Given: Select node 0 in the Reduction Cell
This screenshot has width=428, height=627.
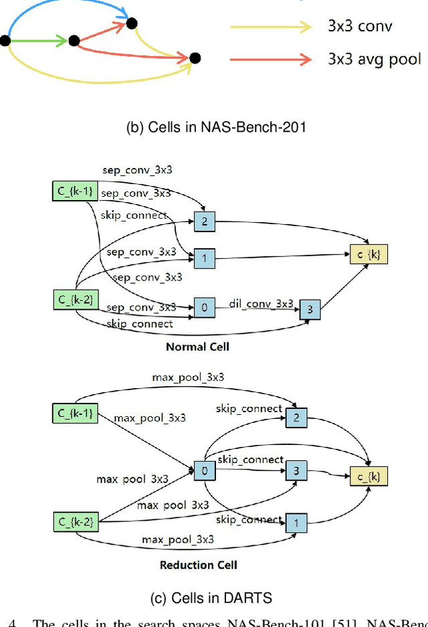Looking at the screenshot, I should tap(205, 471).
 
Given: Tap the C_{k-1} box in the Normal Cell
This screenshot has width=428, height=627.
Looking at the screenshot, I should tap(74, 192).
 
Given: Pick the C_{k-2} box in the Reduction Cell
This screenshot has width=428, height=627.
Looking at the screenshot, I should tap(74, 521).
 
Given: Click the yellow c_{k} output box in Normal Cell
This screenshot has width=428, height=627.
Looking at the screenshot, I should tap(368, 254).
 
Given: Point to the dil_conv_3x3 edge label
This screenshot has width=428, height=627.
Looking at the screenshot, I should tap(261, 303).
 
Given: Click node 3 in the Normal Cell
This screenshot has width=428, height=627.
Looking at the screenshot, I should tap(310, 308).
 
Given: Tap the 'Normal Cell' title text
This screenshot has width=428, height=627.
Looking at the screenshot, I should tap(197, 347).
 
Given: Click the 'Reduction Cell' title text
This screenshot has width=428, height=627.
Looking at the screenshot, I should tap(198, 565).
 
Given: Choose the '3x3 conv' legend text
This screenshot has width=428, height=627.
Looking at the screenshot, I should tap(360, 27).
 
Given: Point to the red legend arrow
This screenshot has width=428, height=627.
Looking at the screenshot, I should tap(270, 59).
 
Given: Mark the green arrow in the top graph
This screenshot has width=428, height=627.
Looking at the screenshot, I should tap(40, 41).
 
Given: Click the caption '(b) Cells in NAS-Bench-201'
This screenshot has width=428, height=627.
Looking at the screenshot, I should tap(216, 127).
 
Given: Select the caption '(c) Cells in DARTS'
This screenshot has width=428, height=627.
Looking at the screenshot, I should tap(216, 597).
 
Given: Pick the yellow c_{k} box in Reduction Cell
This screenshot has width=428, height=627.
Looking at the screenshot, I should tap(368, 476).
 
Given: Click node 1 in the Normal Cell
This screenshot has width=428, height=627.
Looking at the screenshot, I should tap(205, 258).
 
